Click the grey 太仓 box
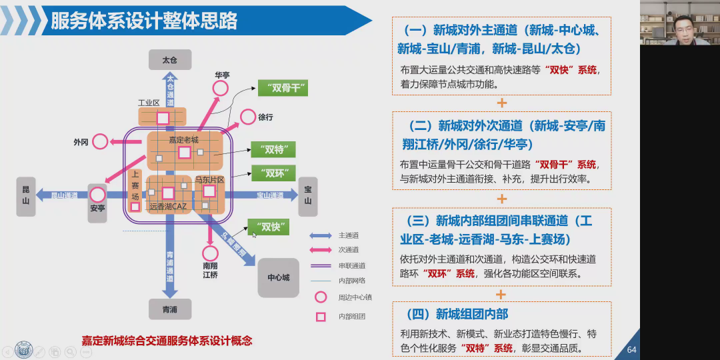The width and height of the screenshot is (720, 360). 169,60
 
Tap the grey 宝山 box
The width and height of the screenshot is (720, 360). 307,196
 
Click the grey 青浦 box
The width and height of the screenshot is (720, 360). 169,309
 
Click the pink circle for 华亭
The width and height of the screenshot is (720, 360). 221,88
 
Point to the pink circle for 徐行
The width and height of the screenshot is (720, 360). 247,117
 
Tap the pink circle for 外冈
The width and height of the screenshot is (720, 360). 100,141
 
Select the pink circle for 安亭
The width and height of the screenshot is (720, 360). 98,195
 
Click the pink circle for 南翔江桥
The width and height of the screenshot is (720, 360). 211,253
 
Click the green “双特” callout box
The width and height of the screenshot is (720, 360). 273,149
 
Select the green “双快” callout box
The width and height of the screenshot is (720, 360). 268,227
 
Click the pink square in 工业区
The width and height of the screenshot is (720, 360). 163,118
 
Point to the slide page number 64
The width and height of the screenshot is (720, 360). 632,350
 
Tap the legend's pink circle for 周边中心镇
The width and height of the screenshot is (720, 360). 321,297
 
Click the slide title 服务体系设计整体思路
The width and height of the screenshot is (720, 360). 144,21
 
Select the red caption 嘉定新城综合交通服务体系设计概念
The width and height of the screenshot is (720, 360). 167,341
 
